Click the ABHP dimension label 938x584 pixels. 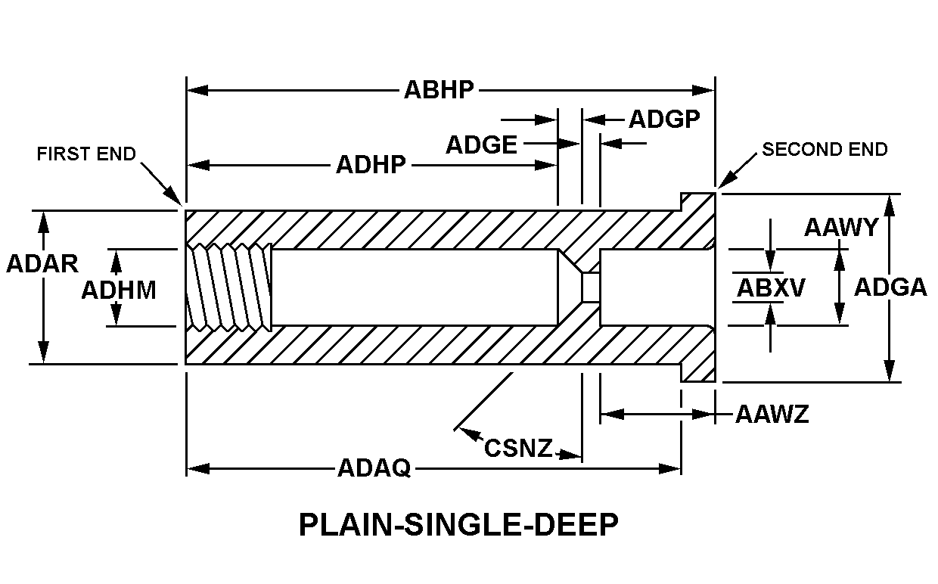439,90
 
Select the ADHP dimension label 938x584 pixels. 371,164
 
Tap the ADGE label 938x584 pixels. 481,144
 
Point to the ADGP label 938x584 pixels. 664,120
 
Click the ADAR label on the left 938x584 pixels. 42,263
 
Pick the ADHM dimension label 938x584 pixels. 119,290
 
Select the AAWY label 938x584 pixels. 840,227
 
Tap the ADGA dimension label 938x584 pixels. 890,287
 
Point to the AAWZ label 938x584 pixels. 772,414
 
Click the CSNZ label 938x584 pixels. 519,448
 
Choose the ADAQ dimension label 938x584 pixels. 374,469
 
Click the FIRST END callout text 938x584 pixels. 86,154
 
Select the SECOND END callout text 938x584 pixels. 825,149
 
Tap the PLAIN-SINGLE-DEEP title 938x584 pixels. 458,525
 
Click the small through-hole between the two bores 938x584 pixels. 590,287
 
